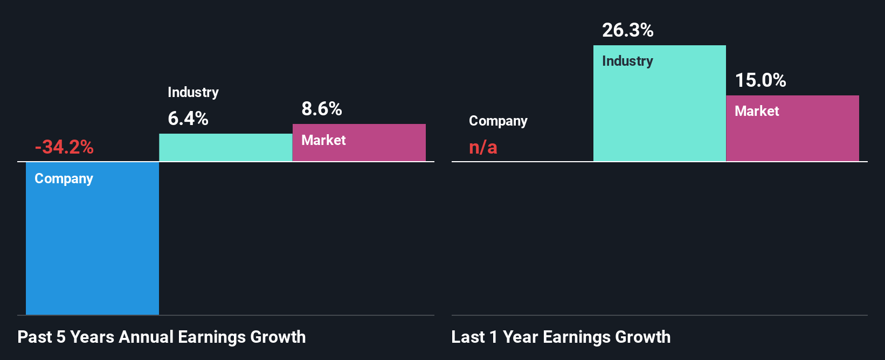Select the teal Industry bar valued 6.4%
point(225,148)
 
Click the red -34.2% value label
point(64,147)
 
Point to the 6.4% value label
point(188,118)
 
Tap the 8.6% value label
point(322,109)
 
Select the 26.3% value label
point(628,30)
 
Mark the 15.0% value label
point(760,80)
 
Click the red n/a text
point(483,147)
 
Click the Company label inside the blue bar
point(64,178)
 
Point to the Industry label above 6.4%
point(193,92)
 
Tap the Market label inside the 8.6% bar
point(323,140)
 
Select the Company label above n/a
point(498,121)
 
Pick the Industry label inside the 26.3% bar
point(627,61)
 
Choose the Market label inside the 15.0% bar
point(757,111)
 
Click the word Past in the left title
point(34,337)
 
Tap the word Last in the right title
point(468,337)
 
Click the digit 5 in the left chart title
point(61,337)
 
